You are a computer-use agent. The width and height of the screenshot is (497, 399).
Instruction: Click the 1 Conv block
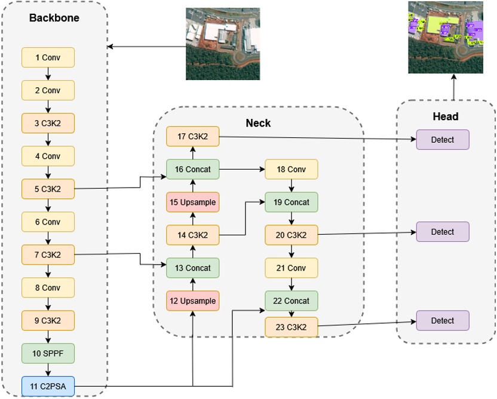48,57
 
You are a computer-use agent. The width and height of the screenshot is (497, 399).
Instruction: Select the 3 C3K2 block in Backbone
48,123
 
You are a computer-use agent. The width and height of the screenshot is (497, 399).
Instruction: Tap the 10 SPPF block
48,353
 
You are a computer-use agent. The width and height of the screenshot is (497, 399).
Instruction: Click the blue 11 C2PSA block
48,386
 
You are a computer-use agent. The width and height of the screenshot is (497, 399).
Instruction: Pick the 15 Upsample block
192,202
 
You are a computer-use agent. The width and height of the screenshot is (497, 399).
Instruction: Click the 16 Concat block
192,169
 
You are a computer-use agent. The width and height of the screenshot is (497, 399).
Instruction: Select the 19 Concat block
292,202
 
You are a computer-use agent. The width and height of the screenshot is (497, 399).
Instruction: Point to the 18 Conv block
292,169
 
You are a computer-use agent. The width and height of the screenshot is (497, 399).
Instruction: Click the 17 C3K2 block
192,136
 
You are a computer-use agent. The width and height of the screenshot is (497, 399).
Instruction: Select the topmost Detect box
443,140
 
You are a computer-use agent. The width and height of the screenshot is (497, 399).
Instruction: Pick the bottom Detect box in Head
443,321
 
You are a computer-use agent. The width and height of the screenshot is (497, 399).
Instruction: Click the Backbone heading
54,18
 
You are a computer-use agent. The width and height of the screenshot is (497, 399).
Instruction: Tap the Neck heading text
258,123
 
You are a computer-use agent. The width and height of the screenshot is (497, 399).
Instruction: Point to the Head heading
446,116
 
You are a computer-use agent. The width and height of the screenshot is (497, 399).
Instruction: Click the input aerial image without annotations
222,44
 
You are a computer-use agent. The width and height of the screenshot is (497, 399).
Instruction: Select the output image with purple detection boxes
445,36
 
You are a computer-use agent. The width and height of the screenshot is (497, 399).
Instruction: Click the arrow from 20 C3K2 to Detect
367,233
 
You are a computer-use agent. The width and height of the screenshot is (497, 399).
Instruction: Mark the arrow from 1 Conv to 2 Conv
48,73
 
